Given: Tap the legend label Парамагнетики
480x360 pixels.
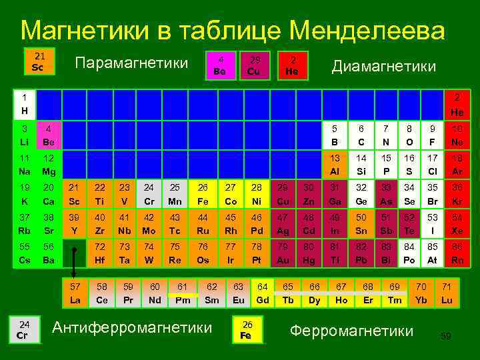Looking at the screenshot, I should pyautogui.click(x=131, y=63).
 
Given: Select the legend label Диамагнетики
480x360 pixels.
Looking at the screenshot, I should pyautogui.click(x=384, y=67).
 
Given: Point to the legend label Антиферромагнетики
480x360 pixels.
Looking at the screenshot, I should pyautogui.click(x=132, y=328).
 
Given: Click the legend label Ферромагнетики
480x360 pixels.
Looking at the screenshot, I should pyautogui.click(x=352, y=331).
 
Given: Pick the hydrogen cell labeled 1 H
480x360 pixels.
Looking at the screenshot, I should pyautogui.click(x=25, y=104).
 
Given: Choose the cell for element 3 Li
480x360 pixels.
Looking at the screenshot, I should pyautogui.click(x=25, y=135).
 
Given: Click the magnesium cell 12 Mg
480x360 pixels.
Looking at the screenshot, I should pyautogui.click(x=49, y=165).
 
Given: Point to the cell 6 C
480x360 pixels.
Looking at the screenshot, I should pyautogui.click(x=361, y=135).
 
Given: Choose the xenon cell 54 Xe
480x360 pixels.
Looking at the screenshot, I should pyautogui.click(x=457, y=225).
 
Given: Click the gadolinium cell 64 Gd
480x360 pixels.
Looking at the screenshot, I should pyautogui.click(x=263, y=293).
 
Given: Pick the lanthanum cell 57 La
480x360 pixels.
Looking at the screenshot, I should pyautogui.click(x=75, y=293).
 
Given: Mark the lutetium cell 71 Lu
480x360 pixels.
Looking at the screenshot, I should pyautogui.click(x=447, y=293).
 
